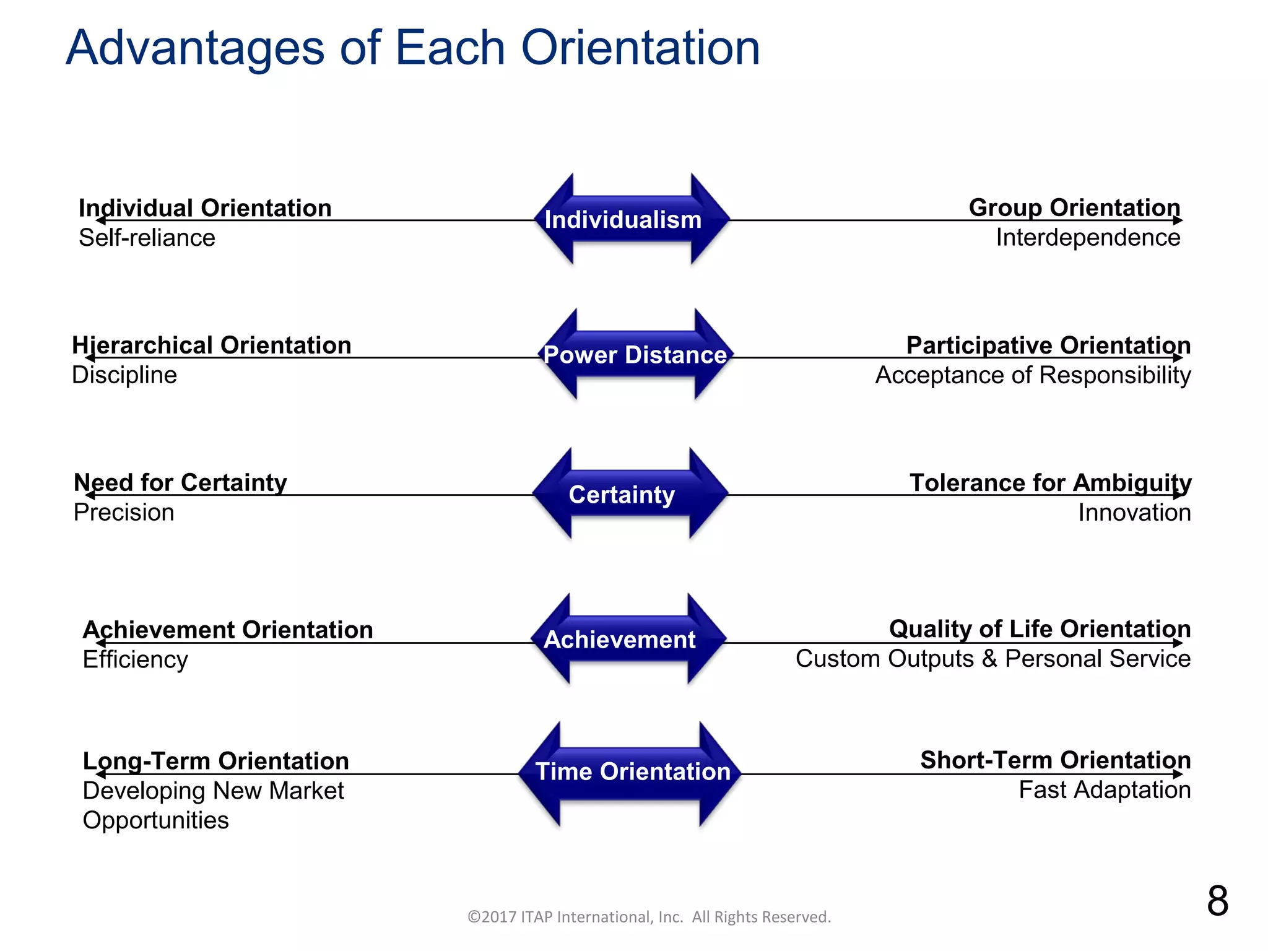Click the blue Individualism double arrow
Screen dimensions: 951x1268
click(632, 219)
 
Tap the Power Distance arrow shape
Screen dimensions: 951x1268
click(635, 355)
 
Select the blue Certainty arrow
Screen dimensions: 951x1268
click(630, 494)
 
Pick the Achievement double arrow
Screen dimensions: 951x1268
click(627, 639)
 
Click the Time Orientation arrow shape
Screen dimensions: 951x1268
click(630, 772)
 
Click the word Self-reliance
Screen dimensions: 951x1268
click(147, 238)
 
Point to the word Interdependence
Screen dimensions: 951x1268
click(1087, 238)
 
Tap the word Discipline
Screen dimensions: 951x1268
click(124, 375)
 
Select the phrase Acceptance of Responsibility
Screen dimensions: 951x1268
click(1032, 375)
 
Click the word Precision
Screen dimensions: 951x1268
click(124, 513)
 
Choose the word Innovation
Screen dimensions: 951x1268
click(1134, 513)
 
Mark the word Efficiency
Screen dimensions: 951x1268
click(135, 660)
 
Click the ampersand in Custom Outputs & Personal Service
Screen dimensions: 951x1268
click(989, 659)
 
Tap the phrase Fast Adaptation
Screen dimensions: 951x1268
click(1104, 790)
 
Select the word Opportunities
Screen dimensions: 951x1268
click(155, 820)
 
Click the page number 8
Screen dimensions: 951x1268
click(1217, 901)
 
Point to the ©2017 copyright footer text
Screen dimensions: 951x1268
click(648, 917)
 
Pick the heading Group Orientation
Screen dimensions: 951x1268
click(1074, 207)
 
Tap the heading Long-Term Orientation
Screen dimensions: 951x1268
click(215, 761)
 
